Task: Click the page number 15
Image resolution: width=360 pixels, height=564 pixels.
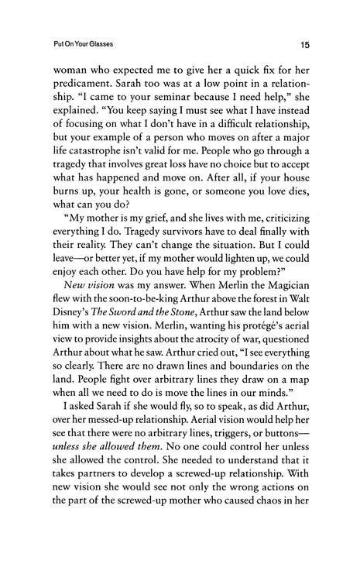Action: [306, 45]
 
